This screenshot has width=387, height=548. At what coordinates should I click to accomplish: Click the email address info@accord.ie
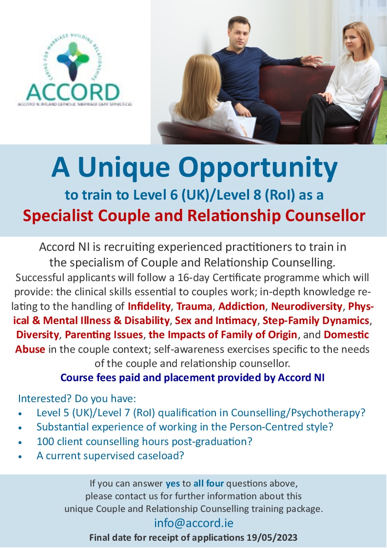point(193,523)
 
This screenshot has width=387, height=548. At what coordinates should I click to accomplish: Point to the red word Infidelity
point(149,306)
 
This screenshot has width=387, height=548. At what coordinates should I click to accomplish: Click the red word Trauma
point(194,306)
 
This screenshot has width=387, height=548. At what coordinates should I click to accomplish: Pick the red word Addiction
point(241,306)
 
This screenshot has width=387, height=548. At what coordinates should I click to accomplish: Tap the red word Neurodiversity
point(307,306)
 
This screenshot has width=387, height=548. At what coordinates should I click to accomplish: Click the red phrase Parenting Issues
point(104,335)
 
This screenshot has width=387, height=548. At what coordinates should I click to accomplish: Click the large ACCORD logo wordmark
point(73,92)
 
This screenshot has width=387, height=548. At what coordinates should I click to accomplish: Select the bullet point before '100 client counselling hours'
point(20,442)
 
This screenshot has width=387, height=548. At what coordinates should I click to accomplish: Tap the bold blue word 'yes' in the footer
point(173,484)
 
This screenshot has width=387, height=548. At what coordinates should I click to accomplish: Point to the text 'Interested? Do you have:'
point(77,398)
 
